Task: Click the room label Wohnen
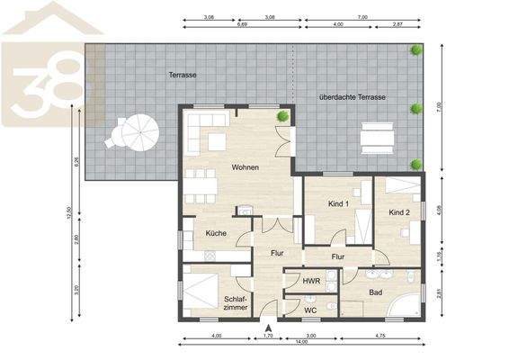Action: (246, 168)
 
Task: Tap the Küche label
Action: (216, 233)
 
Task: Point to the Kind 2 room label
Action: (399, 212)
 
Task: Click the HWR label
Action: (311, 282)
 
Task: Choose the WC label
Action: (310, 310)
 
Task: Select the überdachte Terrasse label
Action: (353, 96)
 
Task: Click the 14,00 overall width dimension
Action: (302, 342)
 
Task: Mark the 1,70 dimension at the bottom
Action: (268, 336)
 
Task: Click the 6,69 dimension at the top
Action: (242, 25)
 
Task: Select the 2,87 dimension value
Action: (409, 25)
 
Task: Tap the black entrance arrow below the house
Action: (268, 326)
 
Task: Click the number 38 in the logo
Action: (49, 90)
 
